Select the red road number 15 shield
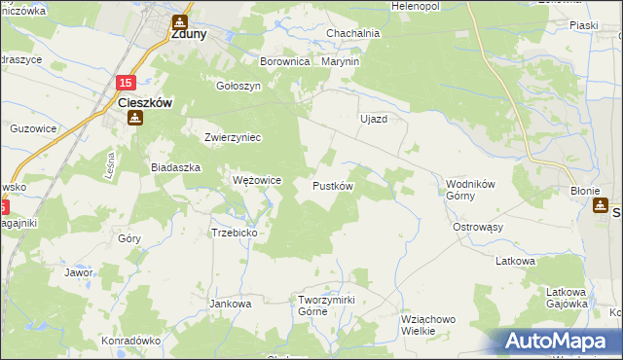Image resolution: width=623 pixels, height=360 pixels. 128,84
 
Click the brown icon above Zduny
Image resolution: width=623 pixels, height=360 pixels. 180,19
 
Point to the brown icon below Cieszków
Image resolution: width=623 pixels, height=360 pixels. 134,118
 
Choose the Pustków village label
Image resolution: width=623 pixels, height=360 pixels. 333,185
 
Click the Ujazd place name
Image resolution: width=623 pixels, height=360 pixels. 374,119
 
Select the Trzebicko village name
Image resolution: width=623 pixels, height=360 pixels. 234,233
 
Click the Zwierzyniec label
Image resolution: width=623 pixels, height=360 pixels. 234,137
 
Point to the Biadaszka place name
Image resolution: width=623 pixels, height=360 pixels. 175,167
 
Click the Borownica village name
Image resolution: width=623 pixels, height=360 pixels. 284,61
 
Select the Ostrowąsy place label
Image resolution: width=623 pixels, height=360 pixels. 478,227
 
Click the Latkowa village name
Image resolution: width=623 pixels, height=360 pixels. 515,261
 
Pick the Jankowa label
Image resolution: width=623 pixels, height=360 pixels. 231,304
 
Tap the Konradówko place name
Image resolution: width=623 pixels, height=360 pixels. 130,342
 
